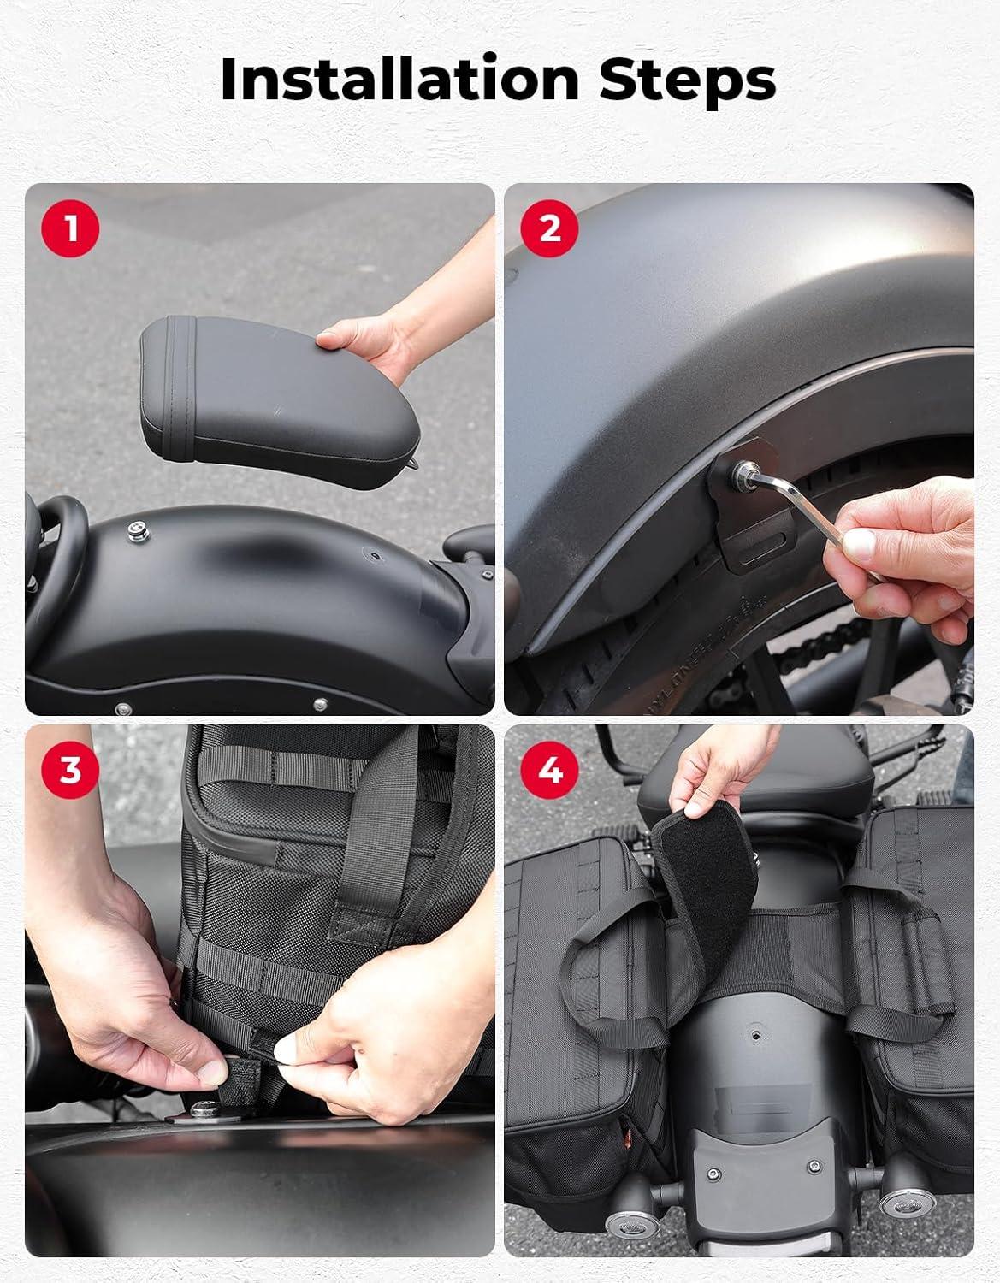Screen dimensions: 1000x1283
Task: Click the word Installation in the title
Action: [399, 79]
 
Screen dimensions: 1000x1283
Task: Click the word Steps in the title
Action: [687, 82]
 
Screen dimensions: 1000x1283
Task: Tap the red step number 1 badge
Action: [70, 228]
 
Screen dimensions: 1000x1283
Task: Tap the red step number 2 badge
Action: [549, 228]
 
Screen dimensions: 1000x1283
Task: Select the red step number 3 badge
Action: [70, 770]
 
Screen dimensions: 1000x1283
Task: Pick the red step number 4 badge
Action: [549, 770]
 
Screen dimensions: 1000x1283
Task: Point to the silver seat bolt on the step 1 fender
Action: [138, 530]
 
